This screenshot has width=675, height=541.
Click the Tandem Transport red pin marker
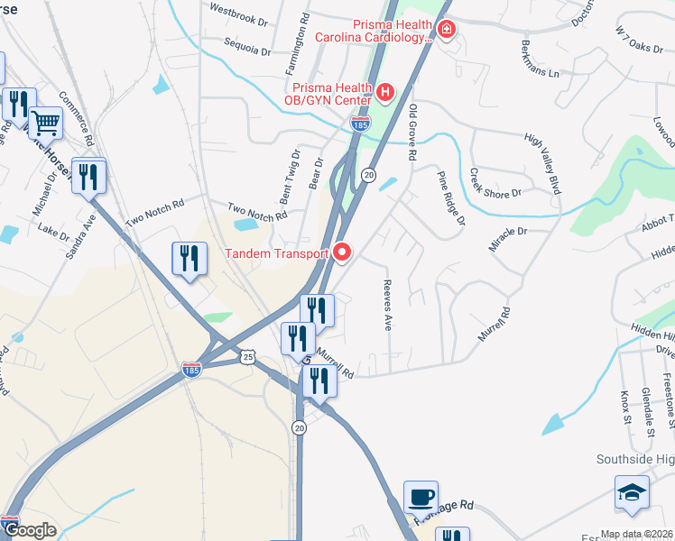click(342, 253)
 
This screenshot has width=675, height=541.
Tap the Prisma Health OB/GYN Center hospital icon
click(385, 91)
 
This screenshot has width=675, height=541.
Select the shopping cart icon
click(45, 122)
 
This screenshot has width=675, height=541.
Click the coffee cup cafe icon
click(421, 497)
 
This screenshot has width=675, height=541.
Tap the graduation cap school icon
click(631, 492)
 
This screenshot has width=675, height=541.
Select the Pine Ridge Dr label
click(451, 197)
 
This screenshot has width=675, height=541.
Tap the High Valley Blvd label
click(542, 162)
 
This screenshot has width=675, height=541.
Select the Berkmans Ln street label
click(541, 58)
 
